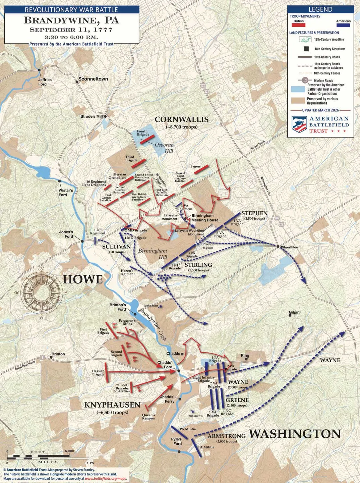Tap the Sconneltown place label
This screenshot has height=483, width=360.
click(x=93, y=79)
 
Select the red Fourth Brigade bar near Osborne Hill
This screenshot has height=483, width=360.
click(x=147, y=140)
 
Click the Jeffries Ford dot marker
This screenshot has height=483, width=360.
click(x=40, y=70)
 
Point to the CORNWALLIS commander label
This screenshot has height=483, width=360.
click(x=181, y=119)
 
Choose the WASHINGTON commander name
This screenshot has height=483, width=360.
click(x=295, y=434)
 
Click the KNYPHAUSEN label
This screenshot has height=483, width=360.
click(x=112, y=405)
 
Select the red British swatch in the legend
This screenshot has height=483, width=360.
click(x=298, y=25)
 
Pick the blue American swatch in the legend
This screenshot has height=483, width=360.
click(x=343, y=25)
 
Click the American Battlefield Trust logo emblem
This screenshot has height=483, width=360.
click(x=299, y=124)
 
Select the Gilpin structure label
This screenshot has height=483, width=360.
click(x=294, y=312)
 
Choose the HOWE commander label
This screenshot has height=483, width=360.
click(x=82, y=279)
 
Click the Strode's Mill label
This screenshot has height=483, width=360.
click(x=91, y=116)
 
